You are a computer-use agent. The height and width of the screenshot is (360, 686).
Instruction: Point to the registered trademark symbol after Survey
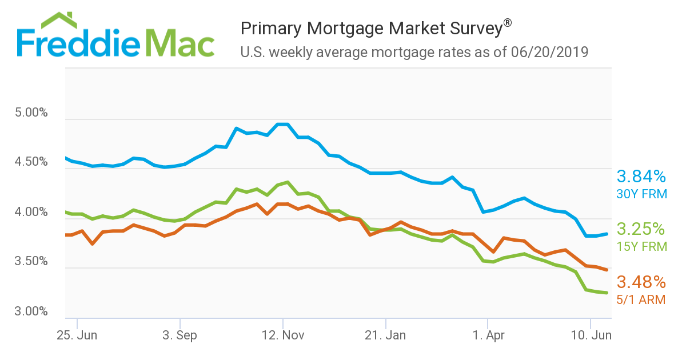coord(507,23)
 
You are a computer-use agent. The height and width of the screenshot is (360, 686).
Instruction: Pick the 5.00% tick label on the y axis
coord(31,113)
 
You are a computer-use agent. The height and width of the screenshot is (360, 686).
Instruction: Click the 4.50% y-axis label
coord(31,162)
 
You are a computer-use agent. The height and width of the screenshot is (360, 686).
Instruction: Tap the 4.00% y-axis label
coord(31,213)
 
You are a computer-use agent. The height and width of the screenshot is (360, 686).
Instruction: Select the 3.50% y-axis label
coord(31,262)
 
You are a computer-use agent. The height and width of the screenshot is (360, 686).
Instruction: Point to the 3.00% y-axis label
coord(31,312)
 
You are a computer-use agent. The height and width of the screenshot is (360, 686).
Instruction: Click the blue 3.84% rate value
coord(641,177)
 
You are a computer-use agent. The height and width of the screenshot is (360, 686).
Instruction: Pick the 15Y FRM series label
coord(641,246)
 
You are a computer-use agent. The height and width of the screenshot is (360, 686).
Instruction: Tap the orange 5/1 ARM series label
coord(641,299)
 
